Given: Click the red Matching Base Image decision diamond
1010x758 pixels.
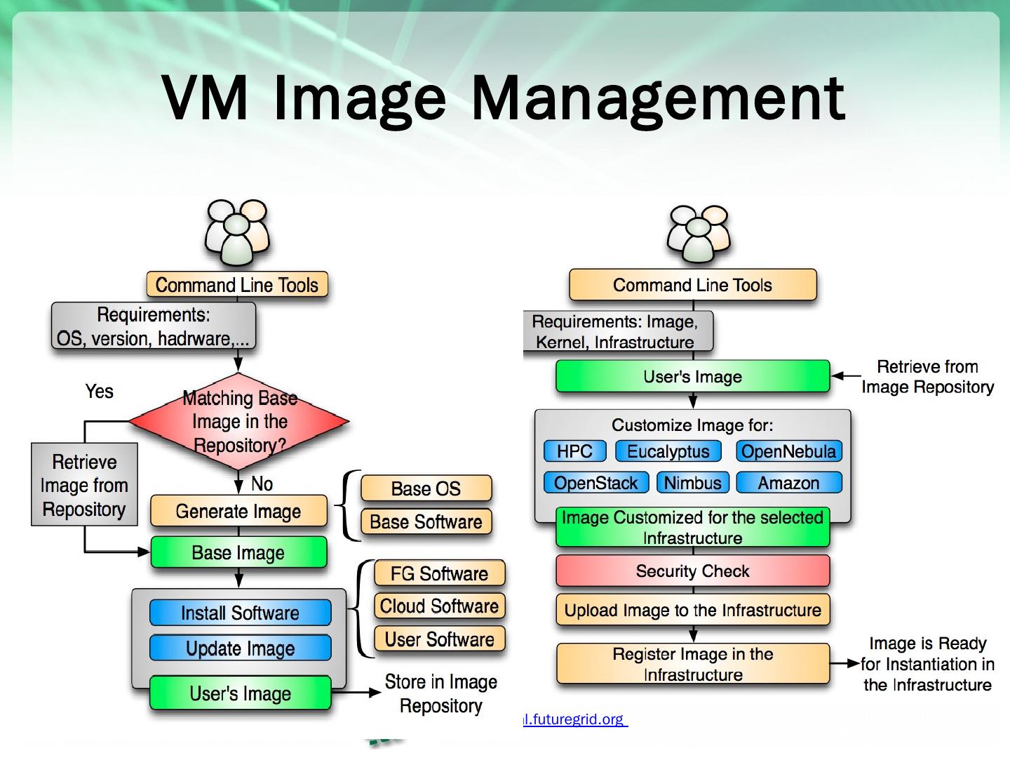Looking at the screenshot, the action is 239,422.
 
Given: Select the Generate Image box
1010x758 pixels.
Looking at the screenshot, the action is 238,512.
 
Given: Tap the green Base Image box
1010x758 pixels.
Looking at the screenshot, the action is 238,552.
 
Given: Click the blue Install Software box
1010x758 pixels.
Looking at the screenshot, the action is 240,613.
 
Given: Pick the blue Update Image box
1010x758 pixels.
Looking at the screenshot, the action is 240,648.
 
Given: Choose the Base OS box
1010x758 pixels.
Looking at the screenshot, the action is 426,488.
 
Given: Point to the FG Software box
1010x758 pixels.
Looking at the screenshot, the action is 439,573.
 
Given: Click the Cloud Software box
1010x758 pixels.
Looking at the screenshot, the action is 439,606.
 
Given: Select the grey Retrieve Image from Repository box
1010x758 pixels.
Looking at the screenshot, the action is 84,485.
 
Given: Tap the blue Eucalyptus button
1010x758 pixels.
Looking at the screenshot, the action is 668,451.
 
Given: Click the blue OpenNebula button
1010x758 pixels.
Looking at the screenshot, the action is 788,451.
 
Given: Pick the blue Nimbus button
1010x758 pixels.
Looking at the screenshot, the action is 692,483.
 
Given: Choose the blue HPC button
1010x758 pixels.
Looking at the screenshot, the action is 574,451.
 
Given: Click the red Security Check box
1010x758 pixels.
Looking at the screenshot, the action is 692,571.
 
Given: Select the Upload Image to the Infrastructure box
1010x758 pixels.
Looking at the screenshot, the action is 692,610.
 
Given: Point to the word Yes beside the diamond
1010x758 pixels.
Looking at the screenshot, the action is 99,392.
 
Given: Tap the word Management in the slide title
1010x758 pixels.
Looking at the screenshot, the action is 658,98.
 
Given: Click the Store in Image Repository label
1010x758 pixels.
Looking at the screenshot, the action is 440,693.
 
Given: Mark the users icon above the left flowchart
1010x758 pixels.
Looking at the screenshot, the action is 236,232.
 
